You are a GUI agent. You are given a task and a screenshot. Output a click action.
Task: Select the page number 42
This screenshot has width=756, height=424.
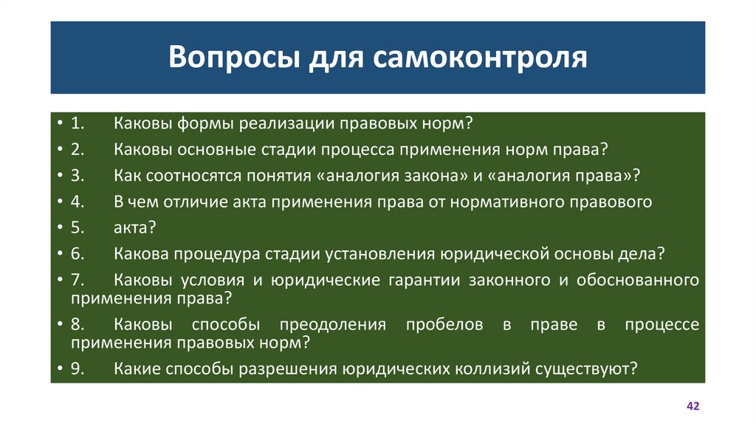693,407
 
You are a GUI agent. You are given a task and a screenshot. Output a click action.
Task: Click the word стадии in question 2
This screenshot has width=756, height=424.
292,148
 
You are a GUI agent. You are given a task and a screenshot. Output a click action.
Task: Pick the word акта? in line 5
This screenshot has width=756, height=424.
135,228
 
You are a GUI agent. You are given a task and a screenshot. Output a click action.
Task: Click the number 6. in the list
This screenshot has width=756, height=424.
78,254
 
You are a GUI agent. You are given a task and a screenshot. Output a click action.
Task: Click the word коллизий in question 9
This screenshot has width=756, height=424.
505,369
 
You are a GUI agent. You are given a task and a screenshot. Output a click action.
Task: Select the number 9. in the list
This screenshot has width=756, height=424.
78,369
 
